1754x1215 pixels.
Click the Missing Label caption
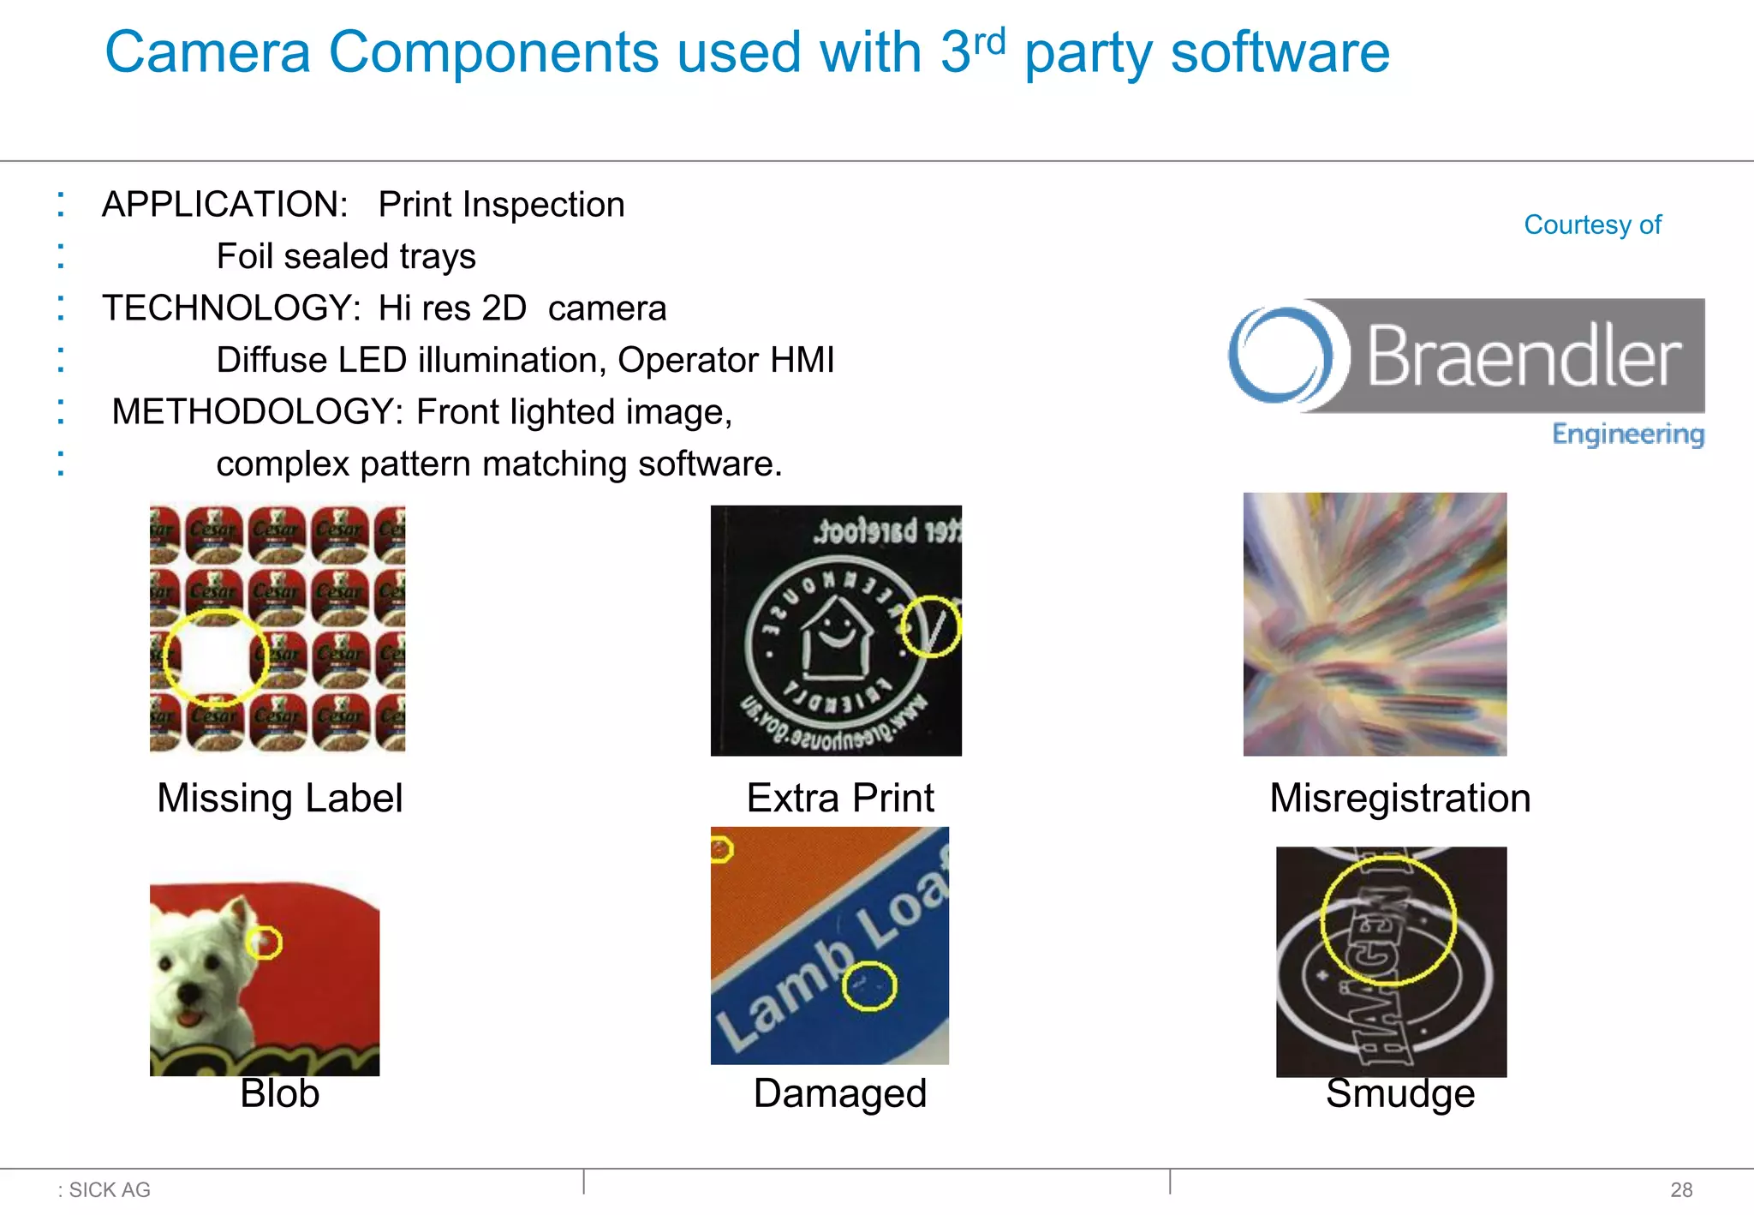(279, 799)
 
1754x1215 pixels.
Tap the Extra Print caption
(839, 799)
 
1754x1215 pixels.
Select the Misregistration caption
(1399, 799)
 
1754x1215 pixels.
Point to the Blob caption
(279, 1093)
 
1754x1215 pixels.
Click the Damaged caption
(839, 1093)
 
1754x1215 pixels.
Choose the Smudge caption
(1399, 1094)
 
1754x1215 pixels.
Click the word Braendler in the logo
(1523, 356)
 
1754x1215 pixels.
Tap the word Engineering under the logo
(1627, 434)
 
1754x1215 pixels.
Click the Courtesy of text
(1592, 224)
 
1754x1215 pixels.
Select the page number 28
(1680, 1189)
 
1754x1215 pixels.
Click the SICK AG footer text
(109, 1189)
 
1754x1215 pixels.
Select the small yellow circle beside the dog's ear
(264, 943)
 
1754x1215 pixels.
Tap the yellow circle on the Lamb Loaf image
(868, 985)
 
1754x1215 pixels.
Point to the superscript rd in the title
(989, 40)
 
